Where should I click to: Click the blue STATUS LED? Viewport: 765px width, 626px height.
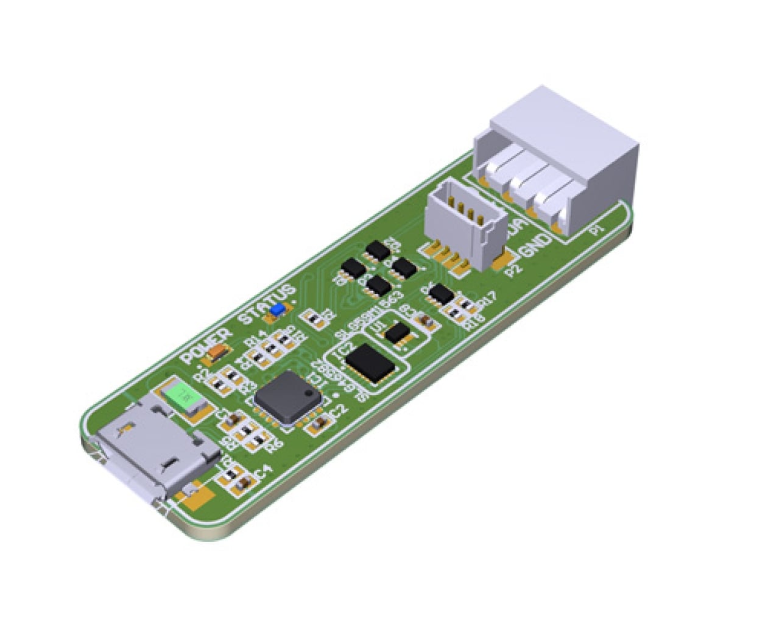(276, 310)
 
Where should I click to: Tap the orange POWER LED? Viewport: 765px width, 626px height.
(218, 352)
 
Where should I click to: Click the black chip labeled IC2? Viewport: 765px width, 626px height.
(371, 363)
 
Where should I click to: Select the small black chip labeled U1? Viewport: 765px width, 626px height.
(400, 333)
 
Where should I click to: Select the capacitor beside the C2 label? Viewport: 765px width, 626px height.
(317, 425)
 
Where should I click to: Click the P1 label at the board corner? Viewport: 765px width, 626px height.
(598, 230)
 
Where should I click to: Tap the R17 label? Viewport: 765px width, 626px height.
(487, 299)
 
